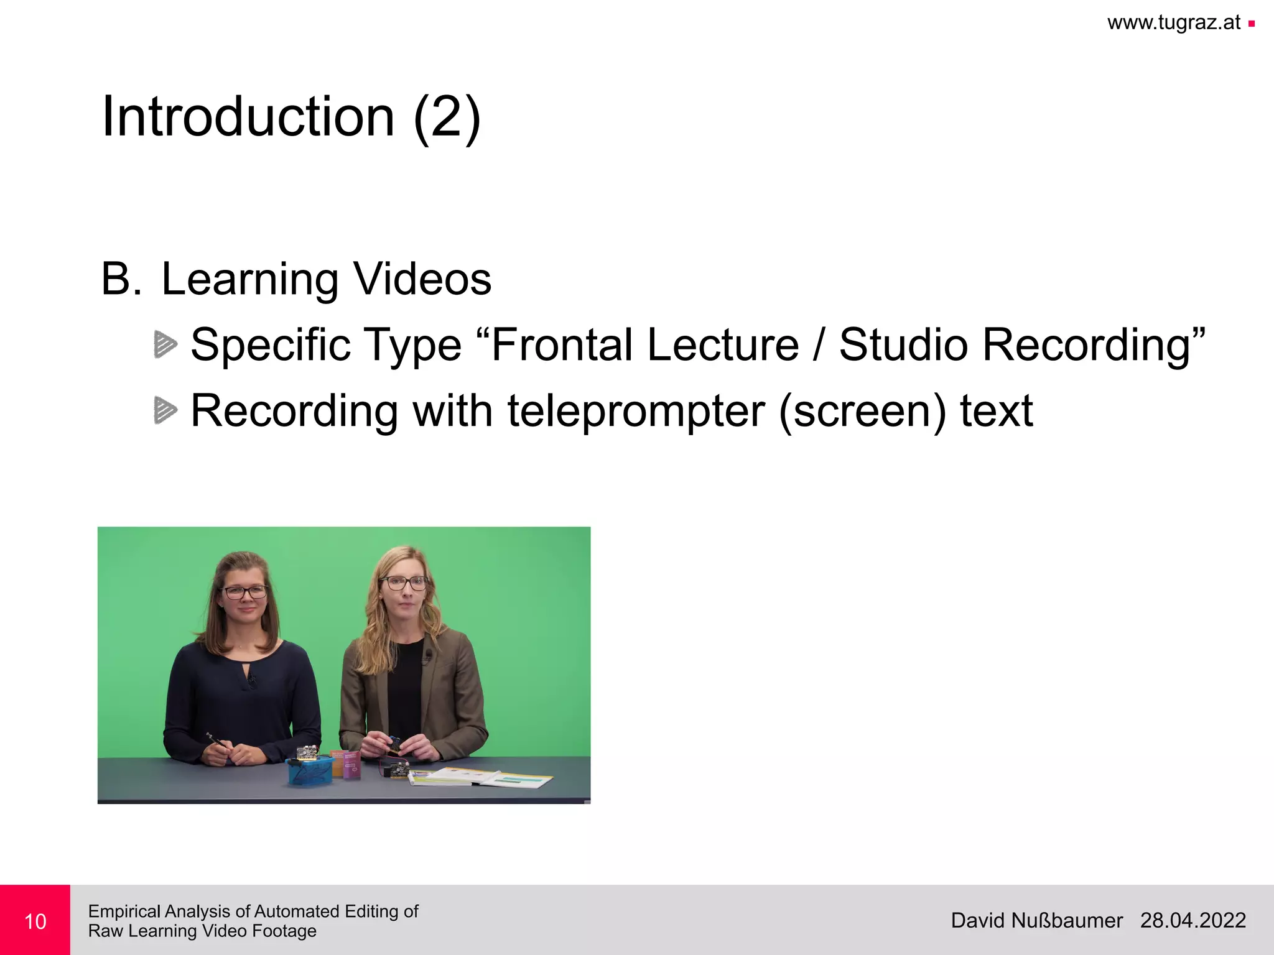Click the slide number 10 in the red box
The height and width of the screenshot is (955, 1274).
coord(35,921)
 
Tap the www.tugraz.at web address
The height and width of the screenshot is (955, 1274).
coord(1174,23)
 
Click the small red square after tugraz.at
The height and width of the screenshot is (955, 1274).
coord(1252,24)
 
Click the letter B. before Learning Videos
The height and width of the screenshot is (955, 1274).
coord(121,279)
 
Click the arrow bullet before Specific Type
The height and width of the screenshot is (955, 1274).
coord(165,344)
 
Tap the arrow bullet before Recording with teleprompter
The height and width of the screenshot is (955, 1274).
coord(165,410)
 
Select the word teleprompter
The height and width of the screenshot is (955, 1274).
coord(636,412)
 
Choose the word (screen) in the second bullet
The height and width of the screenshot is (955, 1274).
coord(862,412)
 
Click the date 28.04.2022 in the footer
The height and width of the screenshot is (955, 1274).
coord(1193,920)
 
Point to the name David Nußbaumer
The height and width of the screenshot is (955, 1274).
coord(1036,920)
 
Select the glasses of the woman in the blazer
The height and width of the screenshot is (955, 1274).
coord(404,583)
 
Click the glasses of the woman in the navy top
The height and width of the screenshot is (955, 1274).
coord(244,592)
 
